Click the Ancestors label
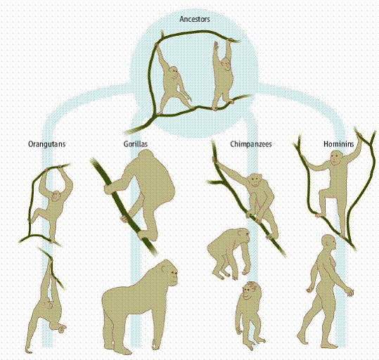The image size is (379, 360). [195, 19]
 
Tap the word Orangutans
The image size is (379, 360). [47, 144]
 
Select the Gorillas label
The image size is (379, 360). [135, 144]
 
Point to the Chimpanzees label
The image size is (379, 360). [251, 144]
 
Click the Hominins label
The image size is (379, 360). [339, 144]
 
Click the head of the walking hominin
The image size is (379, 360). [329, 243]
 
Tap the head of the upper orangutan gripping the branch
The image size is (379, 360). [56, 196]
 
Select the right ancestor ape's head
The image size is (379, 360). [226, 65]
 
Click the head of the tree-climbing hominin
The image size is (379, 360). [336, 157]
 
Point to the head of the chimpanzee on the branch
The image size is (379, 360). [255, 180]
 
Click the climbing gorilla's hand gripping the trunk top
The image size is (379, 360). [109, 188]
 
